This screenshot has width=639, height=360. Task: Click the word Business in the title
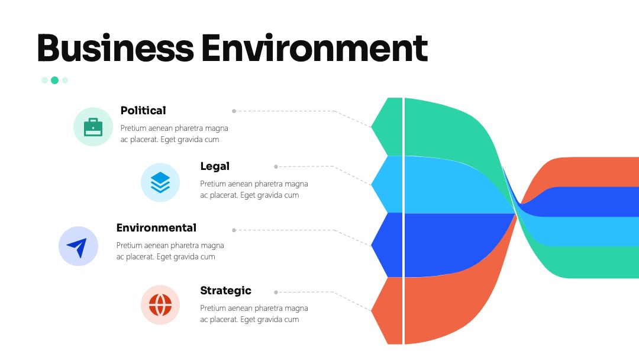[x=115, y=48]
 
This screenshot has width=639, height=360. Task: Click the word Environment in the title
[x=314, y=48]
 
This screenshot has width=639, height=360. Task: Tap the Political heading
[x=143, y=111]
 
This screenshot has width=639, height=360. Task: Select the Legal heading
[x=215, y=166]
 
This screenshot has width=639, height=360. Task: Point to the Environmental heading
[x=156, y=227]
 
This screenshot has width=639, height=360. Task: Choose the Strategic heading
[x=226, y=291]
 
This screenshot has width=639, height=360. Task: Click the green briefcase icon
[x=93, y=127]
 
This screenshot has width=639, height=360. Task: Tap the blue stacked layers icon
[x=160, y=182]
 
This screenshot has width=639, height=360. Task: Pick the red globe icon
[x=160, y=304]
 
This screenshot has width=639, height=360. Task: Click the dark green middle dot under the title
[x=54, y=81]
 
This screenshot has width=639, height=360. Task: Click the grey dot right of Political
[x=234, y=111]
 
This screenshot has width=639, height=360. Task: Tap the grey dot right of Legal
[x=276, y=166]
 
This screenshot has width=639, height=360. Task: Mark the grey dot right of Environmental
[x=234, y=230]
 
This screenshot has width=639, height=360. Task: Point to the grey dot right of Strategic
[x=276, y=292]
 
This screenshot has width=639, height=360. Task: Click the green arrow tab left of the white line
[x=387, y=127]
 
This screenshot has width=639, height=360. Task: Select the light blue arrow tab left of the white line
[x=387, y=184]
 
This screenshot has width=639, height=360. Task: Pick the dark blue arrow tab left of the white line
[x=387, y=245]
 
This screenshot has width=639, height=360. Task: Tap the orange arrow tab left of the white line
[x=387, y=311]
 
